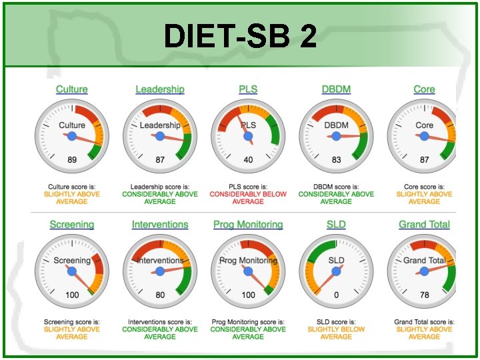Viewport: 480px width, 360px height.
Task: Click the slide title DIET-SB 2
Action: [240, 37]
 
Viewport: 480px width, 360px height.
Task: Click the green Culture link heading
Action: [72, 89]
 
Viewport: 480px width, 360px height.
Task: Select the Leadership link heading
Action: [160, 89]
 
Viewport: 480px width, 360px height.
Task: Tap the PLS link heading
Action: [248, 89]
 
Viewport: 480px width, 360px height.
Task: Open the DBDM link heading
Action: [336, 89]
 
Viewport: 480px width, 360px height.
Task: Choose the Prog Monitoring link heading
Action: [248, 225]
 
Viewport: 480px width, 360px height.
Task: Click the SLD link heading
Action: [336, 225]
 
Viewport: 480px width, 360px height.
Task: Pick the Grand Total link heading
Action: [424, 225]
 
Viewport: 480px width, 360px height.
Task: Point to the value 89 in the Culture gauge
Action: [72, 160]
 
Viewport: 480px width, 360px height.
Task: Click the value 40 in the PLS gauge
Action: [248, 160]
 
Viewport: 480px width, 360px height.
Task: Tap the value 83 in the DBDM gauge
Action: [336, 160]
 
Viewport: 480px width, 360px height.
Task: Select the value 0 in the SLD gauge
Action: [336, 295]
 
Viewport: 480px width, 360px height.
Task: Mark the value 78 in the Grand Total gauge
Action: [424, 295]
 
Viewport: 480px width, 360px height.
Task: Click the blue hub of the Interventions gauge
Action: [160, 271]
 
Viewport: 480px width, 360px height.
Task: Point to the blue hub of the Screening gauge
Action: [72, 271]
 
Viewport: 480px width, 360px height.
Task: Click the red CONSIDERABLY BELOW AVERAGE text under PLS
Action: [248, 198]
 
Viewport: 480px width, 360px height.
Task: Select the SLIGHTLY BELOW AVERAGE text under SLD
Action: [336, 333]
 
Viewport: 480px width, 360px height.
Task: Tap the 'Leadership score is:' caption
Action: [160, 187]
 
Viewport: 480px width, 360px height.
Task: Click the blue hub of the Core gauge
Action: [424, 136]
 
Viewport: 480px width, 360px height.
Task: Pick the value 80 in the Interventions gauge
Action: [160, 295]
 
